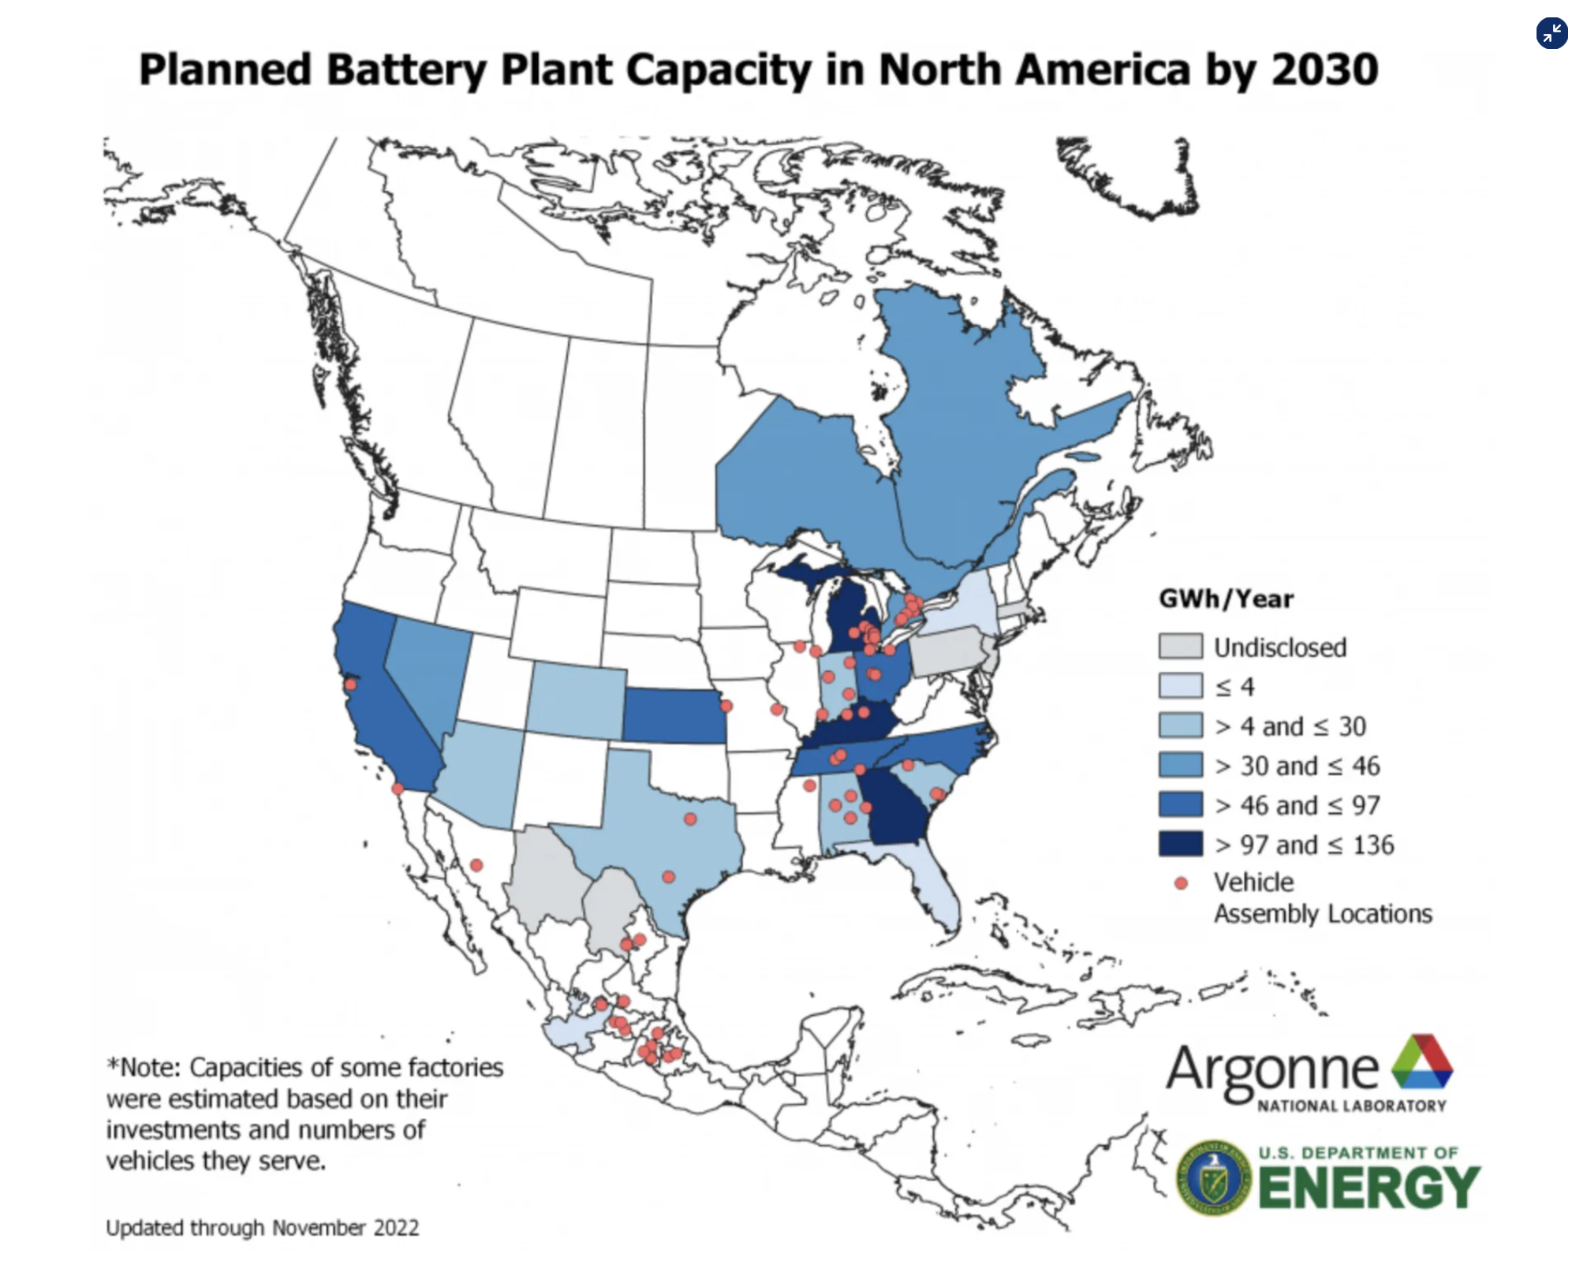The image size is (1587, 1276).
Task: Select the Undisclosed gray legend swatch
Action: tap(1180, 647)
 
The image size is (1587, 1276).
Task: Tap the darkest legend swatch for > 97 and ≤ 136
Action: tap(1180, 844)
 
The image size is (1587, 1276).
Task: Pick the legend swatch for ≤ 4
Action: tap(1180, 686)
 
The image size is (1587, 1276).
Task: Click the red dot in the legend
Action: tap(1181, 883)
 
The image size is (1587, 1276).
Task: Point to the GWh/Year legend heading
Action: tap(1226, 599)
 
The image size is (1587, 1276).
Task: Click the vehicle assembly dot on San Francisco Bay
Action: tap(350, 684)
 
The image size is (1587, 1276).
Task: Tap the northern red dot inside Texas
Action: tap(690, 819)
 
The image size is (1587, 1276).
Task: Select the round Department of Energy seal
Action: tap(1213, 1177)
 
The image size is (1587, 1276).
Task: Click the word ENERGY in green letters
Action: tap(1369, 1188)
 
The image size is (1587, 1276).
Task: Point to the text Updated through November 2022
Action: tap(262, 1228)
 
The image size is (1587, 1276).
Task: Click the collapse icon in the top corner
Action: tap(1552, 33)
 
